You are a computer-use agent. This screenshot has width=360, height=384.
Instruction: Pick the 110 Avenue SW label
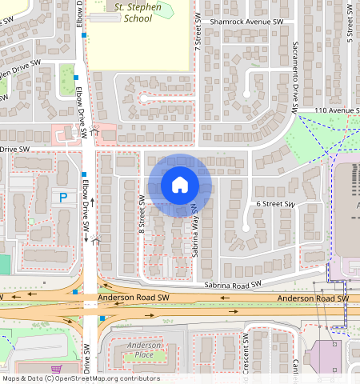(328, 109)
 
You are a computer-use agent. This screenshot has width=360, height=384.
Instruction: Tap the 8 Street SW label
(141, 215)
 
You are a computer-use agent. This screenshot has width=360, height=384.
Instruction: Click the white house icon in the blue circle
(180, 185)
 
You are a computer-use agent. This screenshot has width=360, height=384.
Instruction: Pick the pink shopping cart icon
(55, 370)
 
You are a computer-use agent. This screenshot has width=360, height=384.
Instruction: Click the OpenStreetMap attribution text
(81, 378)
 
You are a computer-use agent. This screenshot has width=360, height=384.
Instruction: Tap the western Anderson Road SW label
(134, 298)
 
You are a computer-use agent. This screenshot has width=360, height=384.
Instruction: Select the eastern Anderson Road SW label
(313, 298)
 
